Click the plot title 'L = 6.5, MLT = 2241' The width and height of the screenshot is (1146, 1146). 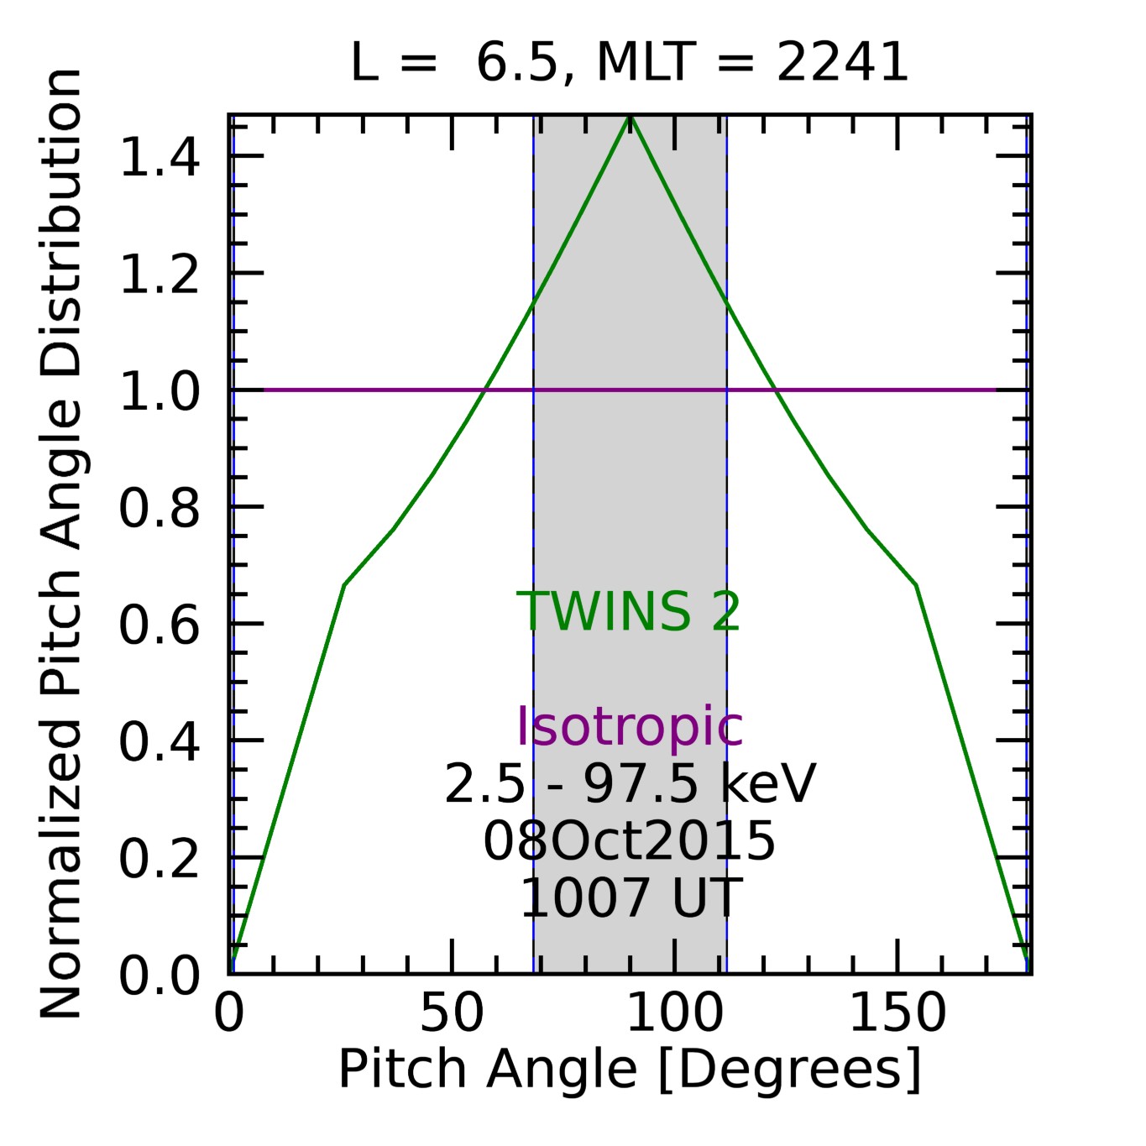tap(629, 63)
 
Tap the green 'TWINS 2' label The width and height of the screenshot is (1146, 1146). tap(629, 611)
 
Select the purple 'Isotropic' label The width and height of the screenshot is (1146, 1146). tap(629, 726)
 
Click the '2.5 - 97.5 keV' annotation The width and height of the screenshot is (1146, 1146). tap(629, 785)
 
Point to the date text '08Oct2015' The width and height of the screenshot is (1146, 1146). tap(629, 841)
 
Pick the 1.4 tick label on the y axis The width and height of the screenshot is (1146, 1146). tap(160, 157)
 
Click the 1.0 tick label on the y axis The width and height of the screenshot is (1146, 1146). tap(160, 391)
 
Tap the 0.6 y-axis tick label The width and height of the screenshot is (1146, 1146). tap(160, 625)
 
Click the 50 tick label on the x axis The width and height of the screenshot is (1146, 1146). tap(452, 1013)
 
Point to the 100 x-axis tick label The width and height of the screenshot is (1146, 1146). tap(675, 1013)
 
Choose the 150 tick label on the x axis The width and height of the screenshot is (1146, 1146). tap(897, 1013)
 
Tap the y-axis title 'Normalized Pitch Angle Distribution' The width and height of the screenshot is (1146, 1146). tap(60, 544)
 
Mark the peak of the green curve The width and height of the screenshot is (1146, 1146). tap(631, 118)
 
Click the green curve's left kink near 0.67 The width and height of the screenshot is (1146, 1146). tap(344, 584)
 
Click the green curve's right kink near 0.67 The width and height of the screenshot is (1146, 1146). tap(916, 584)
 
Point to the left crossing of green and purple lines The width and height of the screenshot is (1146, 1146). tap(484, 390)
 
